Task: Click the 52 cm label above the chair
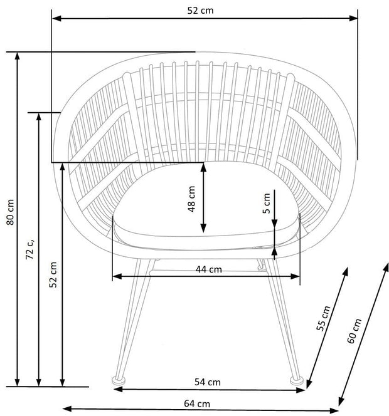200,11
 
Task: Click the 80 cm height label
10,212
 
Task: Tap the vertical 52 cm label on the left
53,274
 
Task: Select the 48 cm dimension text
191,199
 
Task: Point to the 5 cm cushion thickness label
266,204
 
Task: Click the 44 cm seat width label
208,269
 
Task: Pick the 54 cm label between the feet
208,382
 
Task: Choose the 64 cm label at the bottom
197,404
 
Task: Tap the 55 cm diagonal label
323,318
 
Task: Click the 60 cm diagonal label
354,331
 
